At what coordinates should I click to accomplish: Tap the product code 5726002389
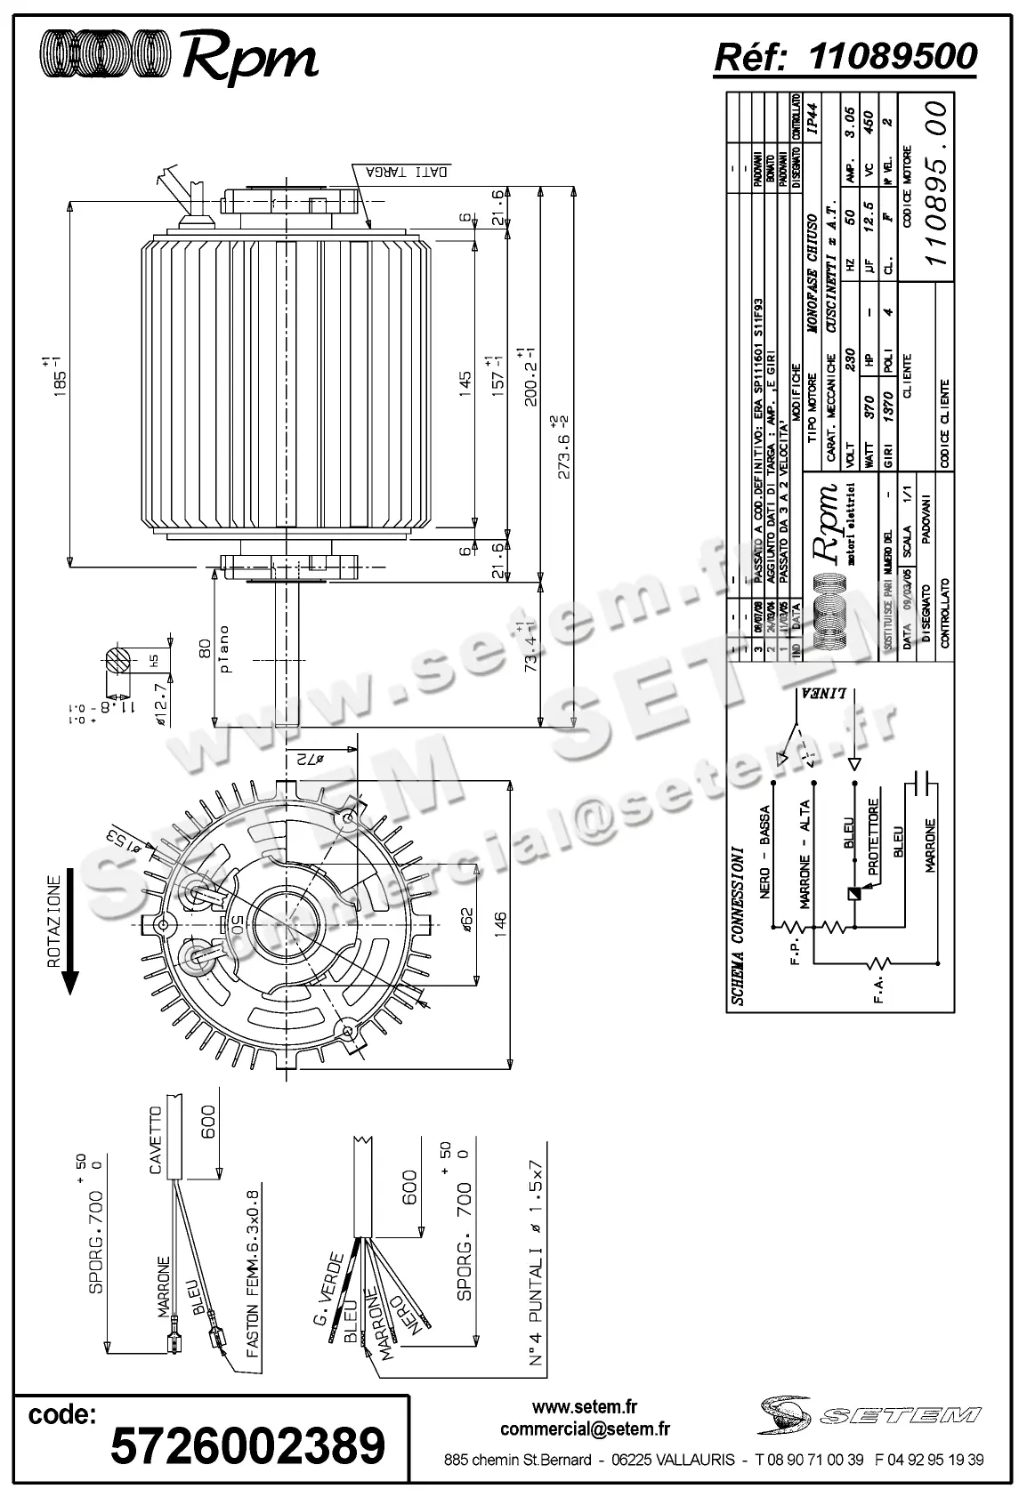point(247,1445)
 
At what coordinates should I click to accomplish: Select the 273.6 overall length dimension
point(563,447)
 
